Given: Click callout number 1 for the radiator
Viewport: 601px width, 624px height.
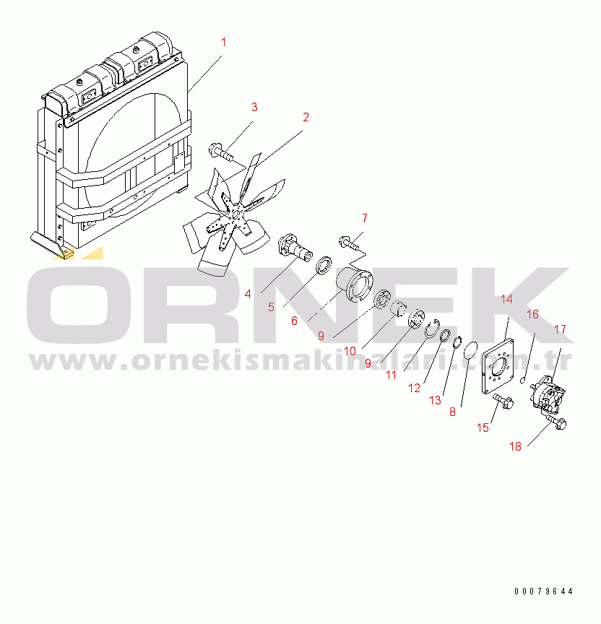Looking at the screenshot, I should pos(223,42).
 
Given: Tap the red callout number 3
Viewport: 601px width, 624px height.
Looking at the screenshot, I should pos(254,108).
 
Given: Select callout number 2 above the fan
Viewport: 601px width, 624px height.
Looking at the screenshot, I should pos(306,117).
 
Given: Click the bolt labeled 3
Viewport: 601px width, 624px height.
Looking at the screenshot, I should pos(220,152).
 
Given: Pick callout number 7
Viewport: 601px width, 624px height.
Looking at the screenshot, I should pos(365,217).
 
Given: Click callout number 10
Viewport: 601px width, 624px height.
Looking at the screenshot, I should pos(350,351).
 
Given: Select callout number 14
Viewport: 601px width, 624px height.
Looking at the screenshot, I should pos(506,299).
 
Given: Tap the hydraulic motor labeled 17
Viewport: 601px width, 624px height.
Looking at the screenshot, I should pos(548,396).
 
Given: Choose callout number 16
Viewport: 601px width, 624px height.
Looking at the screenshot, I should pos(532,314).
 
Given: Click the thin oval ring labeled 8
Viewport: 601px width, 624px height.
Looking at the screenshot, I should pos(470,352).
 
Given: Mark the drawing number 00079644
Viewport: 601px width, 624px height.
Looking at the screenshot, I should pos(543,591).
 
